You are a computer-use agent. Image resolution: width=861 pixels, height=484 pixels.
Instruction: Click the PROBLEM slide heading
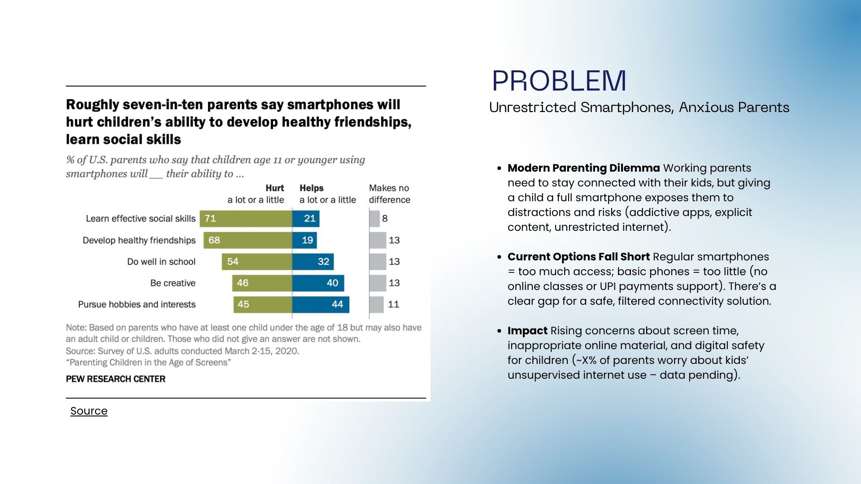pos(559,81)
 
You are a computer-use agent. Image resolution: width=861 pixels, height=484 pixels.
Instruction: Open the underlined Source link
pos(89,411)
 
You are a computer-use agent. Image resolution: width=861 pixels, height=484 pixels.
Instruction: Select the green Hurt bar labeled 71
pos(246,219)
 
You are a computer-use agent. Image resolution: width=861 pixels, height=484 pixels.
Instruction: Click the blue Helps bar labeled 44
pos(321,305)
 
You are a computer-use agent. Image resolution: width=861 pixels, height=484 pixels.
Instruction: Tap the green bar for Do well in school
pos(257,262)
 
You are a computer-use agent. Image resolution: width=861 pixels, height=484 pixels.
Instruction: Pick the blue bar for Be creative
pos(318,283)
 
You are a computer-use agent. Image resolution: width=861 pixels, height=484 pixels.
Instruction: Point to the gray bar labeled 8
pos(374,219)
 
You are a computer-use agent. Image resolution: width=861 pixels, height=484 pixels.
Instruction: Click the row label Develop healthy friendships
pos(139,240)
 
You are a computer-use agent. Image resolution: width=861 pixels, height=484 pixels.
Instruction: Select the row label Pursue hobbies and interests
pos(137,305)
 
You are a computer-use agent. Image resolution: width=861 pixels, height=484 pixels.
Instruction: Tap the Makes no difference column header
pos(389,194)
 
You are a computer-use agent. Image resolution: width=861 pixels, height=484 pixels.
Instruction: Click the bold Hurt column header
pos(274,188)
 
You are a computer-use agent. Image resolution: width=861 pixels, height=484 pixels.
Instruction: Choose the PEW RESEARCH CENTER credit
pos(116,379)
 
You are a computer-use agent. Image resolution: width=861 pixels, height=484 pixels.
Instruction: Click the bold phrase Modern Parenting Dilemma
pos(583,168)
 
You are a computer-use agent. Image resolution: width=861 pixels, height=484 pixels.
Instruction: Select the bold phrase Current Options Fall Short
pos(578,257)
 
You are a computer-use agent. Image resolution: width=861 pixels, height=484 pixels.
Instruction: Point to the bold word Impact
pos(527,331)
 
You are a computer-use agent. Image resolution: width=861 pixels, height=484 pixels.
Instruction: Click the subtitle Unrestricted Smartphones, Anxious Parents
pos(639,108)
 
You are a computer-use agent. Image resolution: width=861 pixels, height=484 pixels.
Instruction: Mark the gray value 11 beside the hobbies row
pos(393,305)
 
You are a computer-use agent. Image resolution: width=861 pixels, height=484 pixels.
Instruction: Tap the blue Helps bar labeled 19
pos(304,240)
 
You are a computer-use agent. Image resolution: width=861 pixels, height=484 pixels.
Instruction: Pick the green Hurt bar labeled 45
pos(262,305)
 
